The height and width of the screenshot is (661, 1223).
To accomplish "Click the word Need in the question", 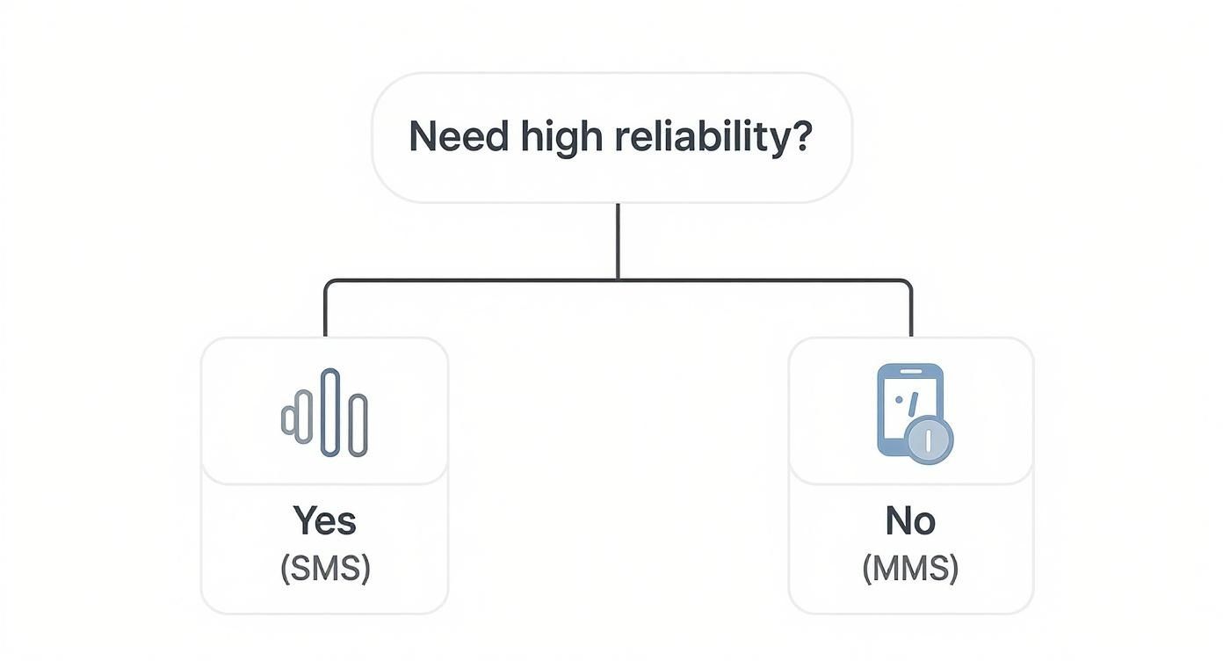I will pyautogui.click(x=458, y=136).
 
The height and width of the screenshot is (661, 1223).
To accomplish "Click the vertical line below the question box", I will pyautogui.click(x=618, y=241).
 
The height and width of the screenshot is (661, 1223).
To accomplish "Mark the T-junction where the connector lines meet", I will pyautogui.click(x=618, y=280).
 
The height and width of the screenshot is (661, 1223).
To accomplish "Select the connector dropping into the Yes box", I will pyautogui.click(x=325, y=312).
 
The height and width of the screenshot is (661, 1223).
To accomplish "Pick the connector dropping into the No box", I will pyautogui.click(x=910, y=312).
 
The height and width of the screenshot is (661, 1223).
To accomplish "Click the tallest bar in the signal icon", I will pyautogui.click(x=330, y=413).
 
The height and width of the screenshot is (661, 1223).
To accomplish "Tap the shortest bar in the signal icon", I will pyautogui.click(x=287, y=420).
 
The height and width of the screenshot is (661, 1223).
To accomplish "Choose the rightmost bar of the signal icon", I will pyautogui.click(x=358, y=425).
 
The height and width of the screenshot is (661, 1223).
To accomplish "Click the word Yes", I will pyautogui.click(x=324, y=521).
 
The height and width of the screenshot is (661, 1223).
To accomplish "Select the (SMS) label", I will pyautogui.click(x=325, y=569).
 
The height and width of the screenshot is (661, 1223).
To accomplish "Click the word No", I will pyautogui.click(x=910, y=521).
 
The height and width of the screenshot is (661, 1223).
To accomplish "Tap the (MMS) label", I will pyautogui.click(x=910, y=569).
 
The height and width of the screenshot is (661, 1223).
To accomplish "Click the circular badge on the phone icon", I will pyautogui.click(x=929, y=440).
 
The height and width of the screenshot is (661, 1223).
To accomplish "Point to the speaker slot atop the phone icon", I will pyautogui.click(x=910, y=373).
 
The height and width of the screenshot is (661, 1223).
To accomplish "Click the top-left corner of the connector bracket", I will pyautogui.click(x=328, y=283).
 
